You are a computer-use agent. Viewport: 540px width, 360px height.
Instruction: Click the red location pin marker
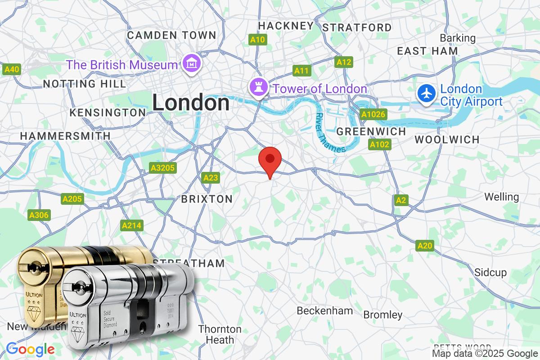[270, 159]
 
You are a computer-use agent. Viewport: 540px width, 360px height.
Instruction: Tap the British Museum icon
[193, 64]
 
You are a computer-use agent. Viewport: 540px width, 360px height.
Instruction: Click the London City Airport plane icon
[426, 94]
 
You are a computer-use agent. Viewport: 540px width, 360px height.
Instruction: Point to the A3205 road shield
[163, 168]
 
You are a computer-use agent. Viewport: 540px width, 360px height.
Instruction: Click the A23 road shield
[211, 178]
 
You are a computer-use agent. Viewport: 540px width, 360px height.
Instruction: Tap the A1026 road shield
[373, 114]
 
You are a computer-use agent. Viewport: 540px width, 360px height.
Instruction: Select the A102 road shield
[380, 144]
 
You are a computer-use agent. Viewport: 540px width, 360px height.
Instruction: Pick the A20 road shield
[425, 245]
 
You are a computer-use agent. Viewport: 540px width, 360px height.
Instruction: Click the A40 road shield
[12, 69]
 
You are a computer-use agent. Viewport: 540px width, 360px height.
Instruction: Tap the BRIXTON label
[207, 199]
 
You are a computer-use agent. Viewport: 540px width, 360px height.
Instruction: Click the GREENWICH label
[371, 131]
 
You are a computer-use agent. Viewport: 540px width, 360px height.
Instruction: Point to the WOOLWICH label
[447, 139]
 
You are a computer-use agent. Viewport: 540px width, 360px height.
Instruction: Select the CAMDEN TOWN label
[171, 35]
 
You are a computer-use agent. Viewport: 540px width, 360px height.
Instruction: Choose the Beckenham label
[324, 310]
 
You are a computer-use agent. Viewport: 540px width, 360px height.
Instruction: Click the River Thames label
[330, 133]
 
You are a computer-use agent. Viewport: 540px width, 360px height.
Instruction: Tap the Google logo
[30, 349]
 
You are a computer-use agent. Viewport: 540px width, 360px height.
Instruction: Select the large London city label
[191, 103]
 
